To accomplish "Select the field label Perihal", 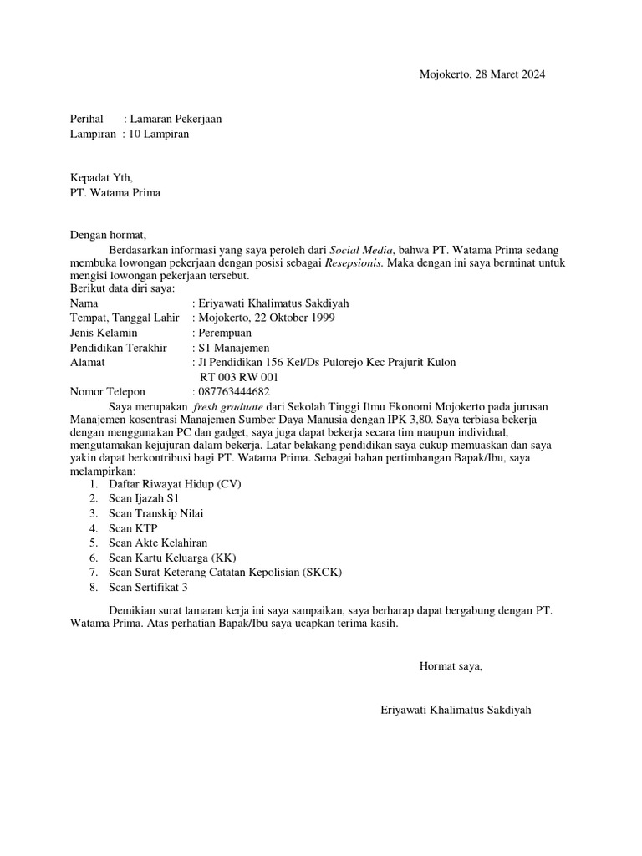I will [x=86, y=119].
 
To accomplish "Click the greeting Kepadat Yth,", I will [x=101, y=177].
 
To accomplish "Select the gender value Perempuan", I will [x=225, y=333].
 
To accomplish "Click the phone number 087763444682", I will [x=235, y=391].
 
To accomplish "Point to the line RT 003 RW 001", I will [x=239, y=377].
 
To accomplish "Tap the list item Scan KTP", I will [x=133, y=528].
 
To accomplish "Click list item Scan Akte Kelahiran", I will [x=158, y=543].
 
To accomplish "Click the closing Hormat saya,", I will [x=451, y=666].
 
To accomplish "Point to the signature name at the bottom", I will [x=455, y=710].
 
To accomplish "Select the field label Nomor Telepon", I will [x=108, y=391].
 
